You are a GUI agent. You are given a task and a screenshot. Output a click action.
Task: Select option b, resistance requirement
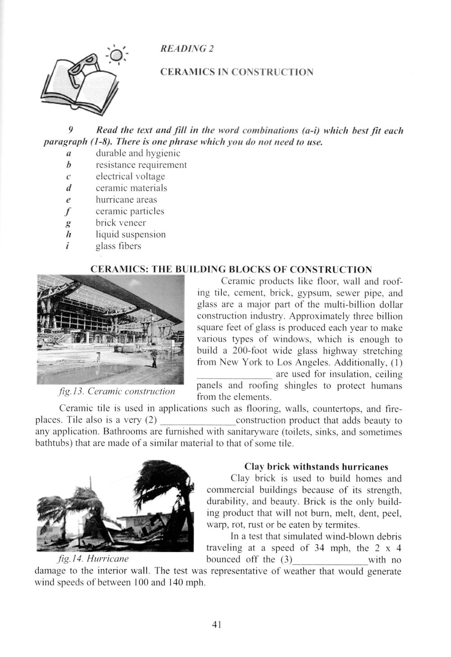pyautogui.click(x=141, y=165)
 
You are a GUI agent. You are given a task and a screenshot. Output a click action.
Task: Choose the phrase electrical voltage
pyautogui.click(x=130, y=177)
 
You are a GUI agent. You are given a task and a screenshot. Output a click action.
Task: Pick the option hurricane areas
pyautogui.click(x=126, y=200)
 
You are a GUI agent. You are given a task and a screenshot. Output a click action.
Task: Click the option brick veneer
pyautogui.click(x=120, y=223)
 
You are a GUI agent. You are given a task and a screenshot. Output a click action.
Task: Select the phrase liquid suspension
pyautogui.click(x=130, y=234)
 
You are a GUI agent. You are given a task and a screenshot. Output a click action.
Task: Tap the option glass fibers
pyautogui.click(x=118, y=246)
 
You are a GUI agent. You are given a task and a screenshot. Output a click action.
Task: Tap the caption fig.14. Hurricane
pyautogui.click(x=93, y=559)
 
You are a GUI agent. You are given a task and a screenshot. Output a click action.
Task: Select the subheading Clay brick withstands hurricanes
pyautogui.click(x=316, y=466)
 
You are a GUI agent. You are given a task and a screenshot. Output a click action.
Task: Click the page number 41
pyautogui.click(x=216, y=625)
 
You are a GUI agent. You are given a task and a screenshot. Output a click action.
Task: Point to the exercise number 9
pyautogui.click(x=71, y=131)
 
